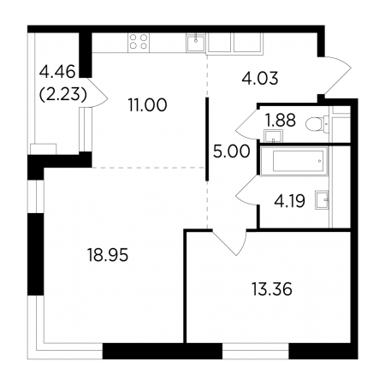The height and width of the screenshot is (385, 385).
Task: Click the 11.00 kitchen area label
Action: pos(147,105)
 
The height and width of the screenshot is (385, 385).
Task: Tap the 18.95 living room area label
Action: pos(108,255)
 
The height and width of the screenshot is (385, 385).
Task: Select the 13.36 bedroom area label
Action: pos(272,289)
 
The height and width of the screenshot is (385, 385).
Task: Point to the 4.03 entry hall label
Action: pos(260,79)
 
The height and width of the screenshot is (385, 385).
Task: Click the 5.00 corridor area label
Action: pos(232,151)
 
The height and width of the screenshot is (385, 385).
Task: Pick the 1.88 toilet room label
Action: pos(281,120)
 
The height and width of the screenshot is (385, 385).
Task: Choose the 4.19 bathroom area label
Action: pos(289,201)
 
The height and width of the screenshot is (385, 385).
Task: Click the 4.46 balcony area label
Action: pos(57,71)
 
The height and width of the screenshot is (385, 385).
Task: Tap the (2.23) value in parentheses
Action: pos(63,94)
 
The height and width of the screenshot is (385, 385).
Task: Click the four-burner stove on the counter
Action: pos(139,42)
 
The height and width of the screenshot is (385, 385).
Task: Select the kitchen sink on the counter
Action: pos(196,43)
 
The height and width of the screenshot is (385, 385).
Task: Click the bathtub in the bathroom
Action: pos(294,161)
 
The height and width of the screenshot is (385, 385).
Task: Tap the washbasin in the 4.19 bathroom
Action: pos(322,200)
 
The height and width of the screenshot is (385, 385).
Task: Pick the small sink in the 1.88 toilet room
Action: pos(274,136)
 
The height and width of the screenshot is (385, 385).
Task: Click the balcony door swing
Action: pos(98,93)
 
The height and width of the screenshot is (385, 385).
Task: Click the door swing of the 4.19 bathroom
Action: pos(247,190)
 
